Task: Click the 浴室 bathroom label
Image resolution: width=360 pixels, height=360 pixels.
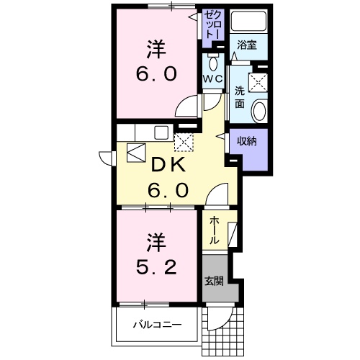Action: [248, 45]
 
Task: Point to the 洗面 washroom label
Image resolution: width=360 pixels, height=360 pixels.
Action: [239, 97]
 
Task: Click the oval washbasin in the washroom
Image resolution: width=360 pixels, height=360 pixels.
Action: [258, 110]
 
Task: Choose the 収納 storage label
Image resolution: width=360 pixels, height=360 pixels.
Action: [247, 142]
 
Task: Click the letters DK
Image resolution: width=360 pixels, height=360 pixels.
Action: [168, 164]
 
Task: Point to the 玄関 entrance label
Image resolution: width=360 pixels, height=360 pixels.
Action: [214, 280]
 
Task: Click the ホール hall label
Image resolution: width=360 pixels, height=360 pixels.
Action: [214, 231]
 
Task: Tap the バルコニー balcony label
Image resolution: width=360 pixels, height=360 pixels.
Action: [156, 325]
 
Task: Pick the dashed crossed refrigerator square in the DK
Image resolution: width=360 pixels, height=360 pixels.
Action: [184, 140]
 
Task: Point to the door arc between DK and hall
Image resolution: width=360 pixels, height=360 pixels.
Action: [218, 194]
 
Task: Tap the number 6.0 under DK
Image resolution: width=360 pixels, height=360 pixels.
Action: [168, 191]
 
